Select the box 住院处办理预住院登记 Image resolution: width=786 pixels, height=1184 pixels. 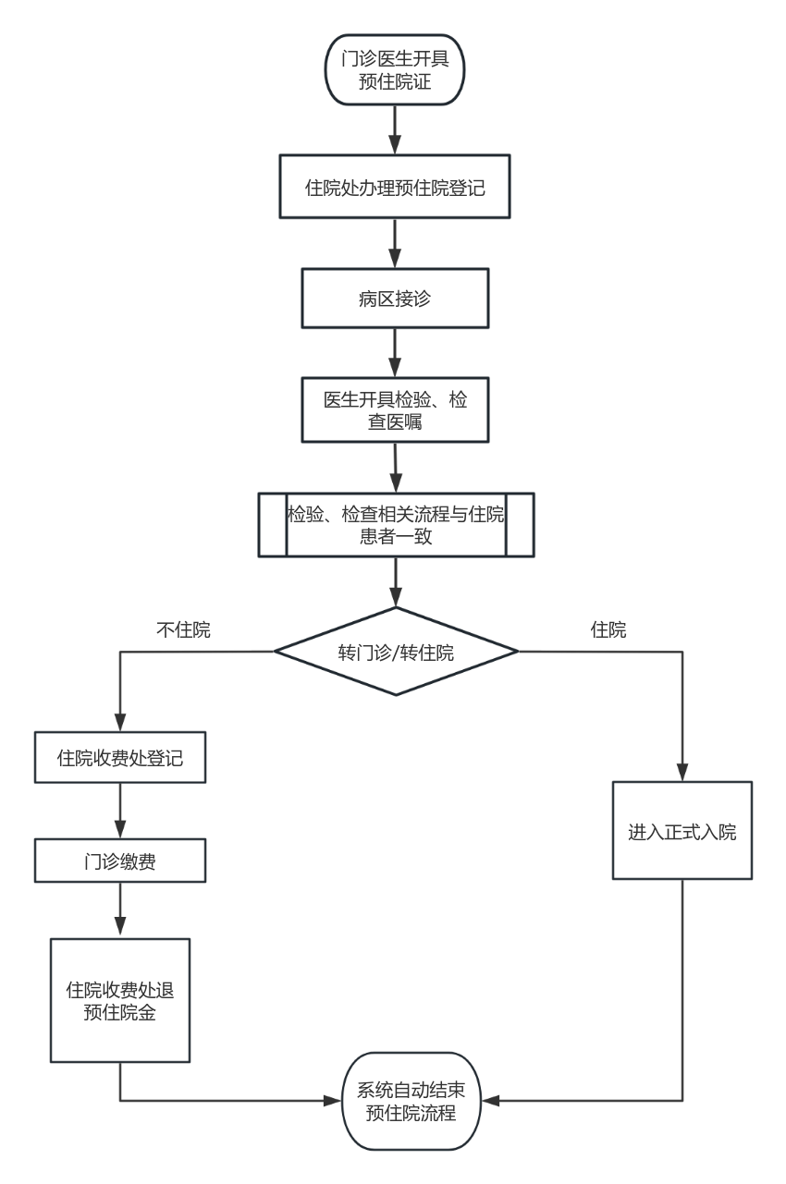tap(395, 188)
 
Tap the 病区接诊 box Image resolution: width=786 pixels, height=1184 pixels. tap(395, 298)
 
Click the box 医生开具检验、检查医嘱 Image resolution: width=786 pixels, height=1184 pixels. tap(395, 409)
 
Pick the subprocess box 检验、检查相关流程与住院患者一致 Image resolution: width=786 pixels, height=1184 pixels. tap(396, 525)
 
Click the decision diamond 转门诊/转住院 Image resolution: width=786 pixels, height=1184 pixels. tap(396, 652)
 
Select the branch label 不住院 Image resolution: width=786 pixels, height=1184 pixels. tap(183, 629)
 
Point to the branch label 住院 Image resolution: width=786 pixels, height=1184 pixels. tap(608, 629)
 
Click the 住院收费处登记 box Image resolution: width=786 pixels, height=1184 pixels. tap(120, 758)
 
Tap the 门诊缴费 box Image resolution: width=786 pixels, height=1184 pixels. tap(120, 861)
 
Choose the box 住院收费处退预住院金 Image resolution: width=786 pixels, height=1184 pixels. tap(120, 1000)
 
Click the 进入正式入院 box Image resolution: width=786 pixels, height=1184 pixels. tap(682, 830)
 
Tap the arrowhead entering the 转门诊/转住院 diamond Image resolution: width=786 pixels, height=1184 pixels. tap(396, 599)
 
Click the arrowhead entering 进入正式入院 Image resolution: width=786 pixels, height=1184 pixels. tap(682, 773)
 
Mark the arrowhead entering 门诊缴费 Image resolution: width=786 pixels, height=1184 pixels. tap(120, 831)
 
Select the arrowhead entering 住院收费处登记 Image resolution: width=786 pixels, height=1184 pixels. tap(120, 725)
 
